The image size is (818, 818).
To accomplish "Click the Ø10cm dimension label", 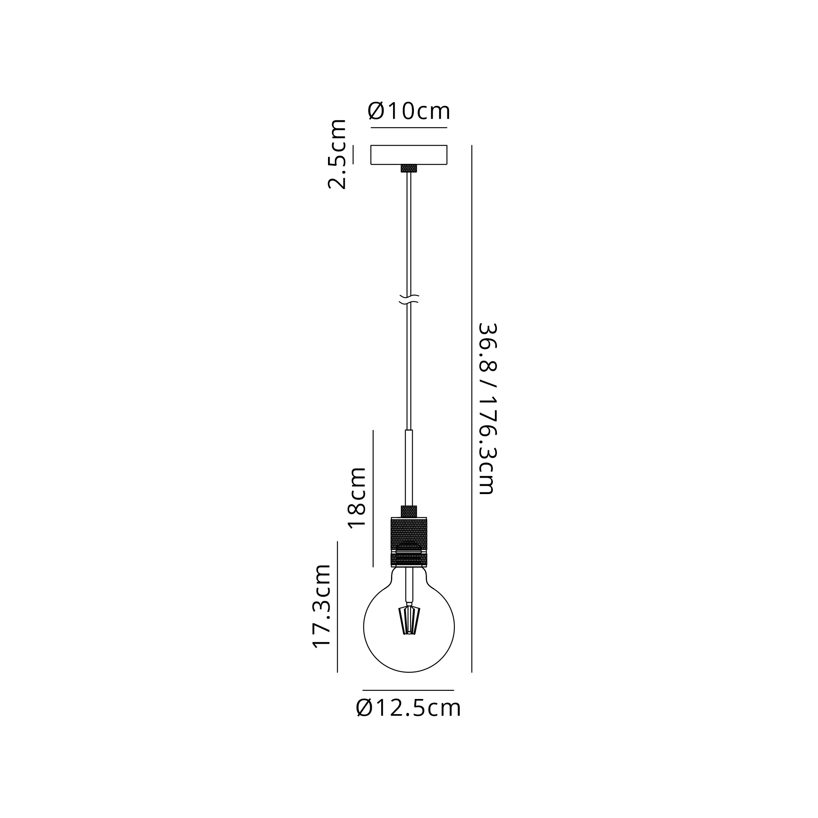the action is tap(409, 111).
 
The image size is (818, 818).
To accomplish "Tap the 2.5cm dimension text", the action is tap(337, 154).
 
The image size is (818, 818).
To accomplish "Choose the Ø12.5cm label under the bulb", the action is tap(409, 708).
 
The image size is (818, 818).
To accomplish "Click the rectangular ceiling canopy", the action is tap(409, 155).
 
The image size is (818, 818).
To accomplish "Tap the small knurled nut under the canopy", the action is tap(409, 169).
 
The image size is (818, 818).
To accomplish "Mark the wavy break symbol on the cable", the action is tap(409, 299).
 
